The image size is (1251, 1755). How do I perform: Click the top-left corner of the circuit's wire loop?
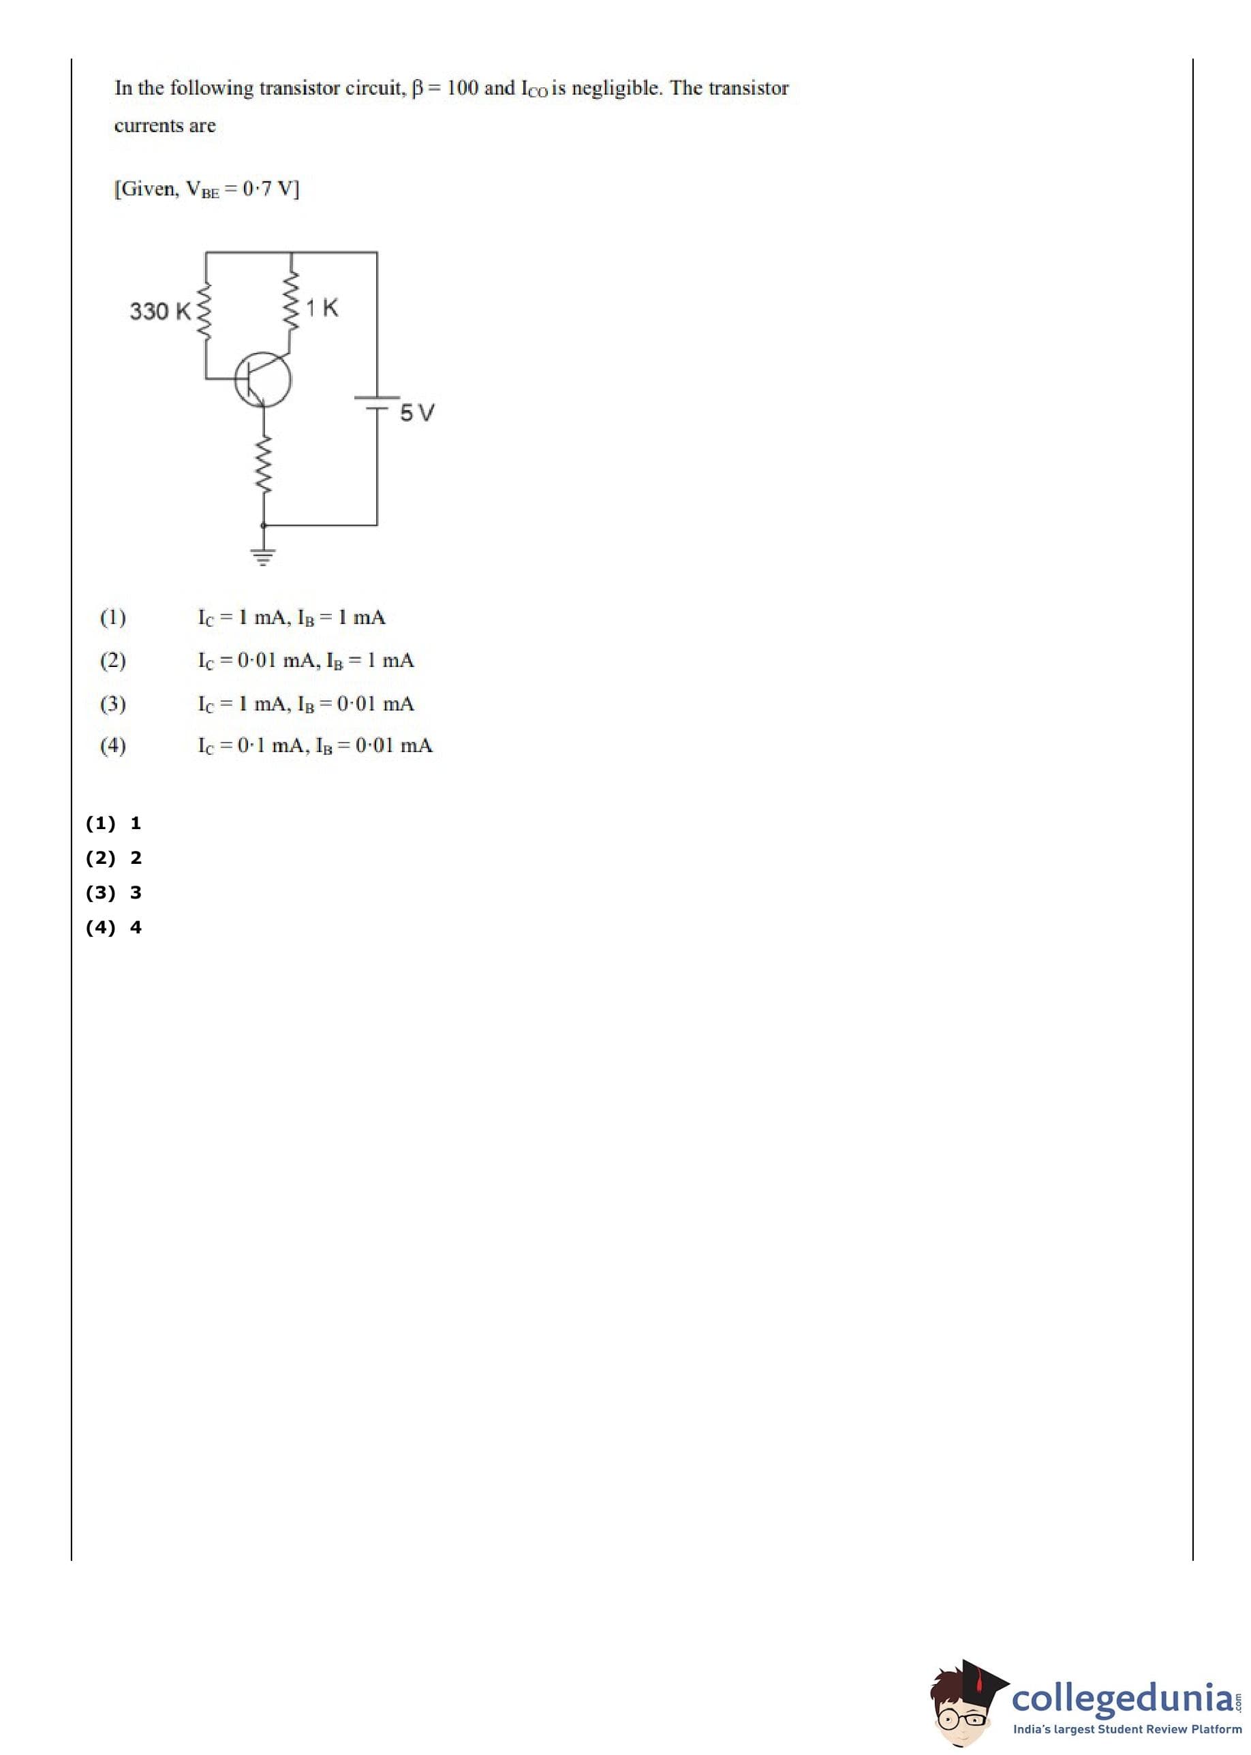206,252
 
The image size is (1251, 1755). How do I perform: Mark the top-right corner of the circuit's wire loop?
377,252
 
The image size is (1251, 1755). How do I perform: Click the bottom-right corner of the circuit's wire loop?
377,525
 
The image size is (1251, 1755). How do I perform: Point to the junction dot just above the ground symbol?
264,525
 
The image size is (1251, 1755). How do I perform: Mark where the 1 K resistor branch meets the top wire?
291,252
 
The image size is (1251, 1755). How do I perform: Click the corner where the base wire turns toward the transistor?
206,378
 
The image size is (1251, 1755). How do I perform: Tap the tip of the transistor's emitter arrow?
263,404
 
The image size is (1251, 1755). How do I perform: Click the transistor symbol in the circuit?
263,379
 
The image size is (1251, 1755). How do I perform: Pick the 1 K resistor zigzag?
291,302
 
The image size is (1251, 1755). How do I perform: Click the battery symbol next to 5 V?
377,403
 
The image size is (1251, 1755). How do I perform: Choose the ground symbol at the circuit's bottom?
264,557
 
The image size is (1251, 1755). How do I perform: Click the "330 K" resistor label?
160,311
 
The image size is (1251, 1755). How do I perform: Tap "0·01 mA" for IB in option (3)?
375,703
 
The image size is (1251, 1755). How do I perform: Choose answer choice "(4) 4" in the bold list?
113,927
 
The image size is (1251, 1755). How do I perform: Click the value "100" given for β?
462,88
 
